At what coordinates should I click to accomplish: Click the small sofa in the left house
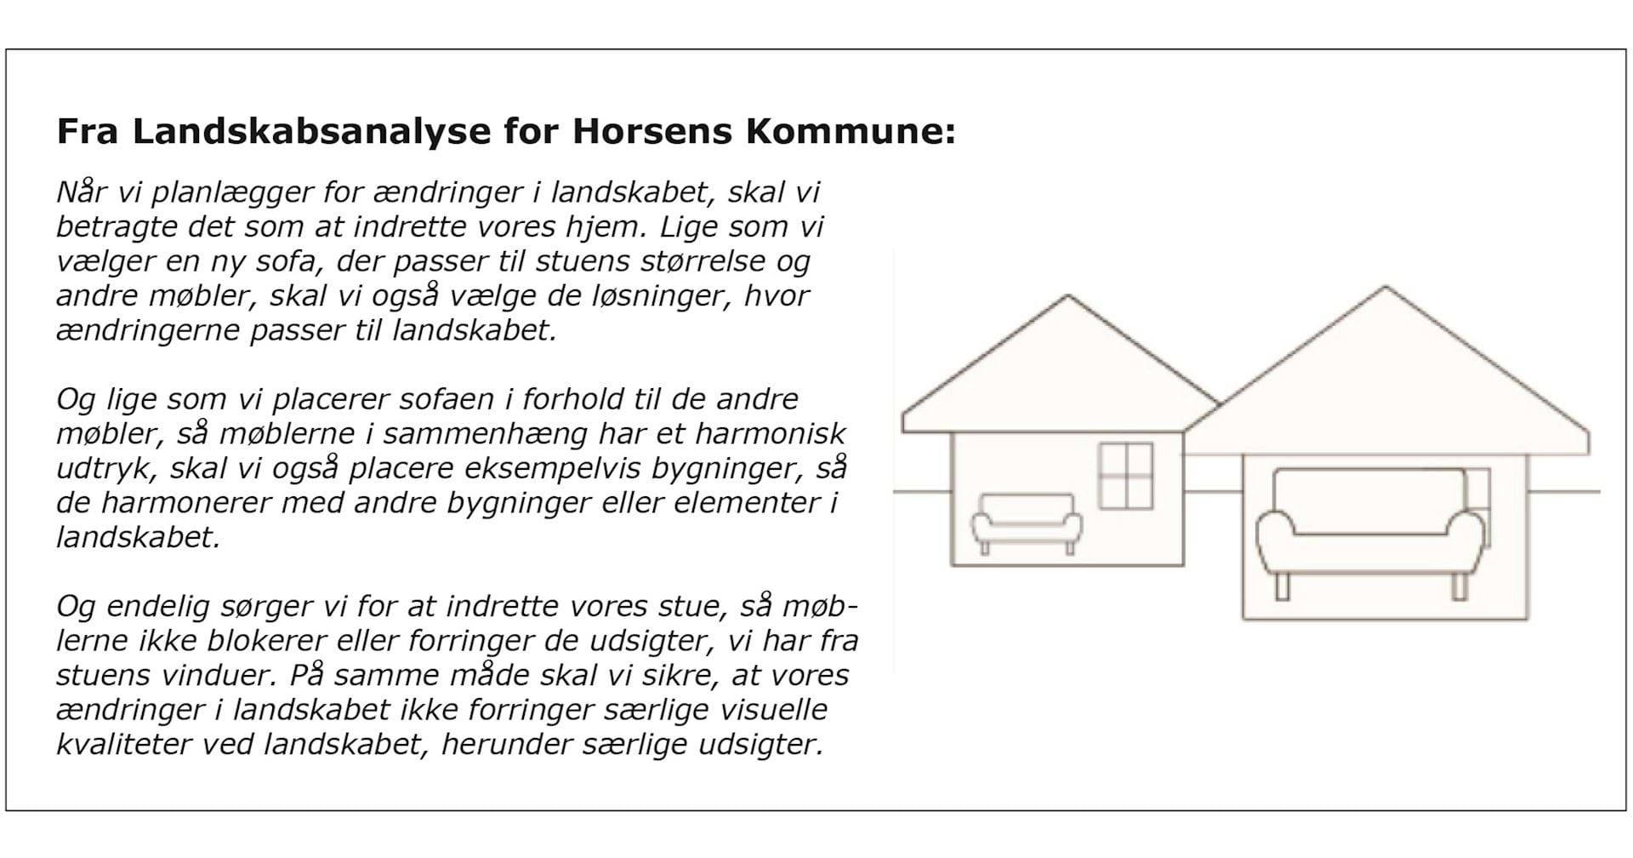[x=1027, y=522]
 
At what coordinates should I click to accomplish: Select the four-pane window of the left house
[x=1125, y=476]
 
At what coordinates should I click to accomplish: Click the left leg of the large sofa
[x=1282, y=586]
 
